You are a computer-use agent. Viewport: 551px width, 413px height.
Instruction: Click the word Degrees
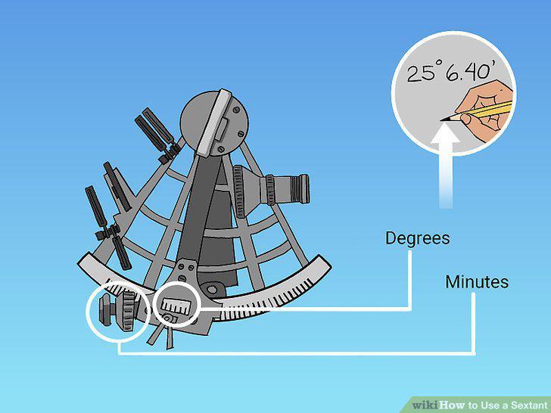(x=418, y=238)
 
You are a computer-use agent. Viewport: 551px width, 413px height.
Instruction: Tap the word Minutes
(x=477, y=282)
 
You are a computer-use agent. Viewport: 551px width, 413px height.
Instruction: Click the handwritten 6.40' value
(x=468, y=73)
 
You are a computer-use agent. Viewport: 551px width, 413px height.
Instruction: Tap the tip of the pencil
(x=442, y=120)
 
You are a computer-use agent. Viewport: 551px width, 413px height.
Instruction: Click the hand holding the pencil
(x=487, y=110)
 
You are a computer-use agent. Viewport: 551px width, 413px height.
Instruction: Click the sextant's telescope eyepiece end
(x=301, y=188)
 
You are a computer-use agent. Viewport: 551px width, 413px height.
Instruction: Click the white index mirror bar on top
(x=214, y=122)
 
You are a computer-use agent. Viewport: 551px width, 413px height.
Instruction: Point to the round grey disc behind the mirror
(x=214, y=123)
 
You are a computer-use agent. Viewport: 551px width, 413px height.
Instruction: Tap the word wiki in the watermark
(x=425, y=405)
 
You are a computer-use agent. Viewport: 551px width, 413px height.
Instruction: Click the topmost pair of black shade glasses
(x=156, y=133)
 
